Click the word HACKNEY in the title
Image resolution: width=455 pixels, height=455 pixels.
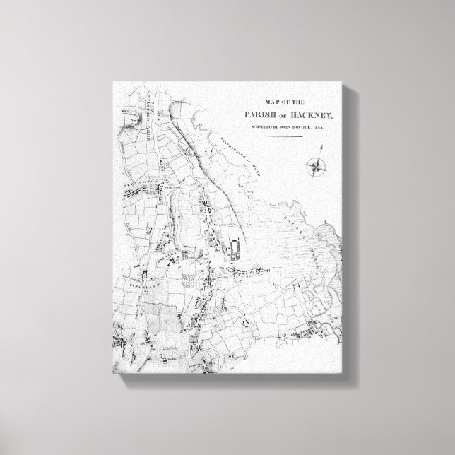[310, 116]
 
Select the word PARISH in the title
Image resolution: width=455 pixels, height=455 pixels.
[254, 116]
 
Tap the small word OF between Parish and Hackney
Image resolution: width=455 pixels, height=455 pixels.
[280, 117]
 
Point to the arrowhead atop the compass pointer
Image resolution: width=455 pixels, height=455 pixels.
[321, 146]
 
